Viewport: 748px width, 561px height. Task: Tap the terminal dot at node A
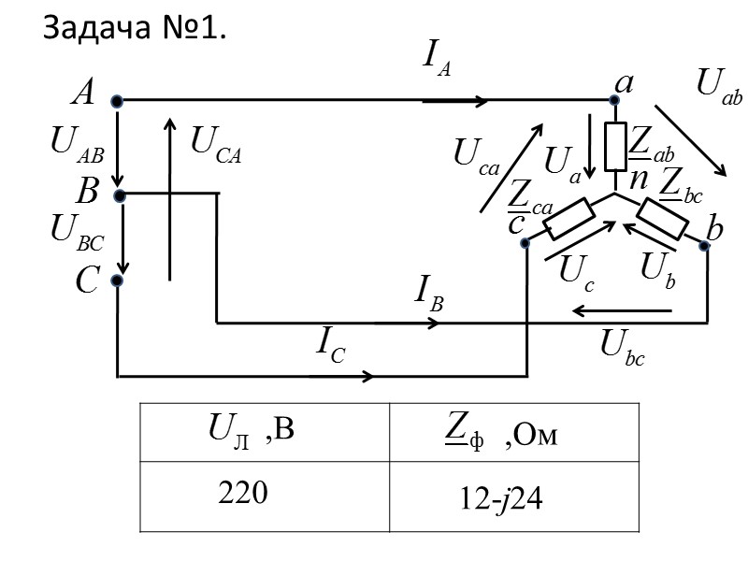pyautogui.click(x=116, y=100)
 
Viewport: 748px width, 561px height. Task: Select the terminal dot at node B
pyautogui.click(x=118, y=194)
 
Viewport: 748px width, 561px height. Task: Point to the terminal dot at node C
pyautogui.click(x=118, y=280)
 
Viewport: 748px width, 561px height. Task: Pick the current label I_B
pyautogui.click(x=429, y=295)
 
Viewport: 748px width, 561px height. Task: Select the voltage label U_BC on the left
pyautogui.click(x=77, y=231)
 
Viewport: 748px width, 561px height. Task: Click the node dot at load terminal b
pyautogui.click(x=703, y=245)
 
